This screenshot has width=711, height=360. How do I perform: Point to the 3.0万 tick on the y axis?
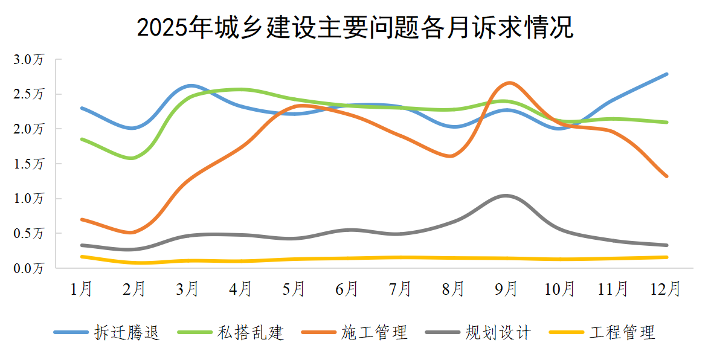[x=30, y=60]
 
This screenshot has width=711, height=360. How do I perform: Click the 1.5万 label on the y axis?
[x=30, y=164]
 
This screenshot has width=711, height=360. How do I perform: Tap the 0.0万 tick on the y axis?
[x=30, y=268]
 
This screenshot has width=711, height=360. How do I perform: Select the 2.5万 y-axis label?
[x=30, y=94]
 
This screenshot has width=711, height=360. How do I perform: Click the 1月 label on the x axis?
[x=82, y=289]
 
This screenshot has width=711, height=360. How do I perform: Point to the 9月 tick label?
[x=507, y=289]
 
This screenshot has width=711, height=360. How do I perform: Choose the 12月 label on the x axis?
[x=666, y=289]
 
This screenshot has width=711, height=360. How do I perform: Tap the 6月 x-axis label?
[x=347, y=289]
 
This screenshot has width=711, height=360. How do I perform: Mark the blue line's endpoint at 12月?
[x=666, y=74]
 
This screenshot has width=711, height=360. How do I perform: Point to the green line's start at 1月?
[x=82, y=139]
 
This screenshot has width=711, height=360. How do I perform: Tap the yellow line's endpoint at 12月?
[x=666, y=257]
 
